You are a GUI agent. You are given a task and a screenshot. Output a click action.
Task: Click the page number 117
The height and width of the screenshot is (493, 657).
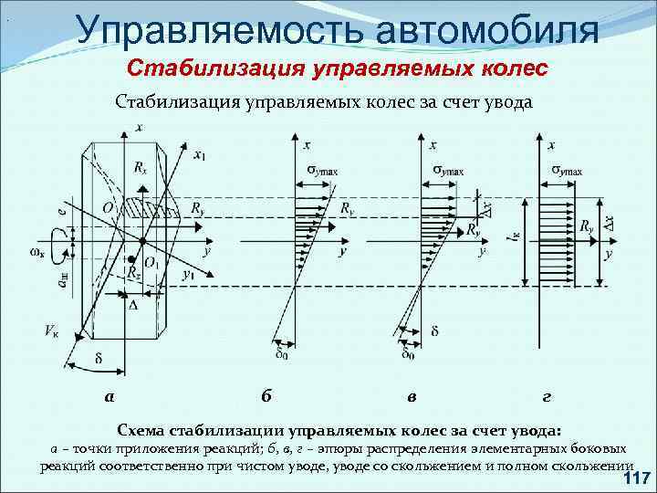(635, 478)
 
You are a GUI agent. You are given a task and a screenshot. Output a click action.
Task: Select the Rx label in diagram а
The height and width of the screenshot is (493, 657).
(140, 167)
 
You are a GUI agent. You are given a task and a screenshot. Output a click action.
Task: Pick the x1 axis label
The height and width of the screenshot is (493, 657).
(199, 154)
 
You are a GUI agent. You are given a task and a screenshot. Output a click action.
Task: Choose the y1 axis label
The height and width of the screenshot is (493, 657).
(188, 273)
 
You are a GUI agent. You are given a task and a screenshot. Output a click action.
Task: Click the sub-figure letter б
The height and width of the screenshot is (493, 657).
(266, 395)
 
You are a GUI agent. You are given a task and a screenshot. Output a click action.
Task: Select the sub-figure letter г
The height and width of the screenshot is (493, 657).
(546, 395)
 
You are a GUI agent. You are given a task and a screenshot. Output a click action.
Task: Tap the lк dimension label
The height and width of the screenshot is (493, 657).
(516, 239)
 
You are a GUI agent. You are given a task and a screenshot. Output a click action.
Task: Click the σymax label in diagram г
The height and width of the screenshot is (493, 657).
(569, 171)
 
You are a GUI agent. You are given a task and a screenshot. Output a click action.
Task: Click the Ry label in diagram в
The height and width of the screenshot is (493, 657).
(474, 230)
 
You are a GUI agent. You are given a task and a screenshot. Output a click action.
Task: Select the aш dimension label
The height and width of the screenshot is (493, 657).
(62, 284)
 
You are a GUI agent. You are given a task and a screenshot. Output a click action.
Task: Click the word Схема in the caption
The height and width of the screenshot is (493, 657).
(142, 429)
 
